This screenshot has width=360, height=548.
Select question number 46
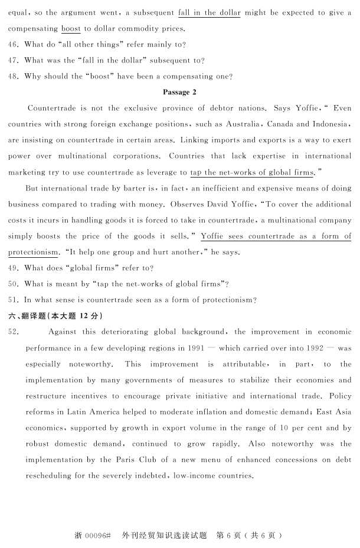(x=14, y=44)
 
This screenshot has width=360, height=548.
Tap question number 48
(x=14, y=76)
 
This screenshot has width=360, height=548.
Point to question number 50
(x=14, y=284)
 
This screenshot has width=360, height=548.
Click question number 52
(x=14, y=332)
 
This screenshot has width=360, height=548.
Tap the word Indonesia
(x=330, y=124)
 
